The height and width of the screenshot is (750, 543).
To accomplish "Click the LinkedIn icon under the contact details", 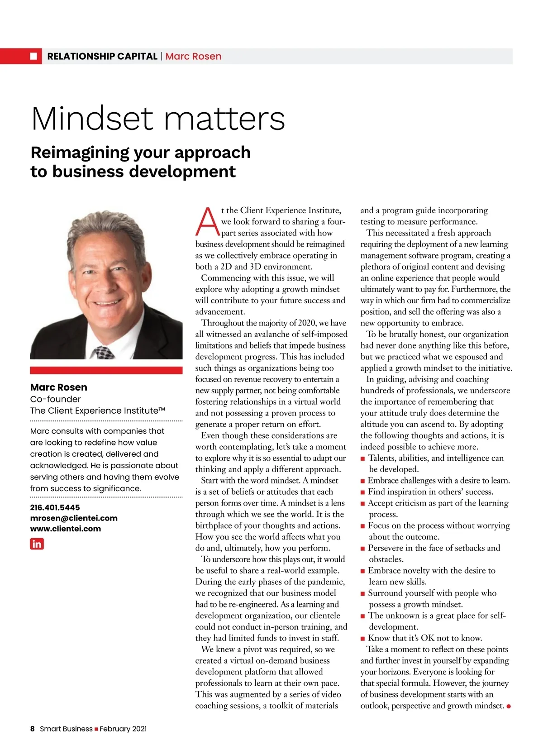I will tap(37, 544).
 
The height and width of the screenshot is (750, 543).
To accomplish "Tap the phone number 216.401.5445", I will tap(55, 507).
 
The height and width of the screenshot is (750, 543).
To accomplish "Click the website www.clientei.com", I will tap(66, 528).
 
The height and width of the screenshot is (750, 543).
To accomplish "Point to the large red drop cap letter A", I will tap(207, 222).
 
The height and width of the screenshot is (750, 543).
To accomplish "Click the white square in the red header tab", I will tap(33, 56).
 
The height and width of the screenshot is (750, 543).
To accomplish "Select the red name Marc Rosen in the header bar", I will tap(193, 56).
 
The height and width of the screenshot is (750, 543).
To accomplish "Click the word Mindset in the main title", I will tap(93, 119).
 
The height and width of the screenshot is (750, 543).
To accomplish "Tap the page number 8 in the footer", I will tap(33, 729).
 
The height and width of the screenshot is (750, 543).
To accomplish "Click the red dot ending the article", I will tap(509, 706).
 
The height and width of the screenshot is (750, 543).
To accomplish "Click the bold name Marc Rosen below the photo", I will tap(59, 387).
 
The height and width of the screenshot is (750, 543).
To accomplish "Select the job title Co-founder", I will tap(55, 399).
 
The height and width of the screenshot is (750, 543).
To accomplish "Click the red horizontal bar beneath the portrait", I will tap(106, 370).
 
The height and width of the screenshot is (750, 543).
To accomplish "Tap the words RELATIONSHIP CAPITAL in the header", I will tap(102, 56).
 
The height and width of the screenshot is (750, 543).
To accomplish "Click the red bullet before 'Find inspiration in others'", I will tap(362, 492).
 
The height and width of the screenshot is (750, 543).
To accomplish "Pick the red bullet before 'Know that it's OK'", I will tap(362, 639).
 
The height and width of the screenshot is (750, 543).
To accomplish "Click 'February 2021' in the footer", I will tap(123, 729).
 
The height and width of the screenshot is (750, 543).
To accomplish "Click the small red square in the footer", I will tap(96, 729).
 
